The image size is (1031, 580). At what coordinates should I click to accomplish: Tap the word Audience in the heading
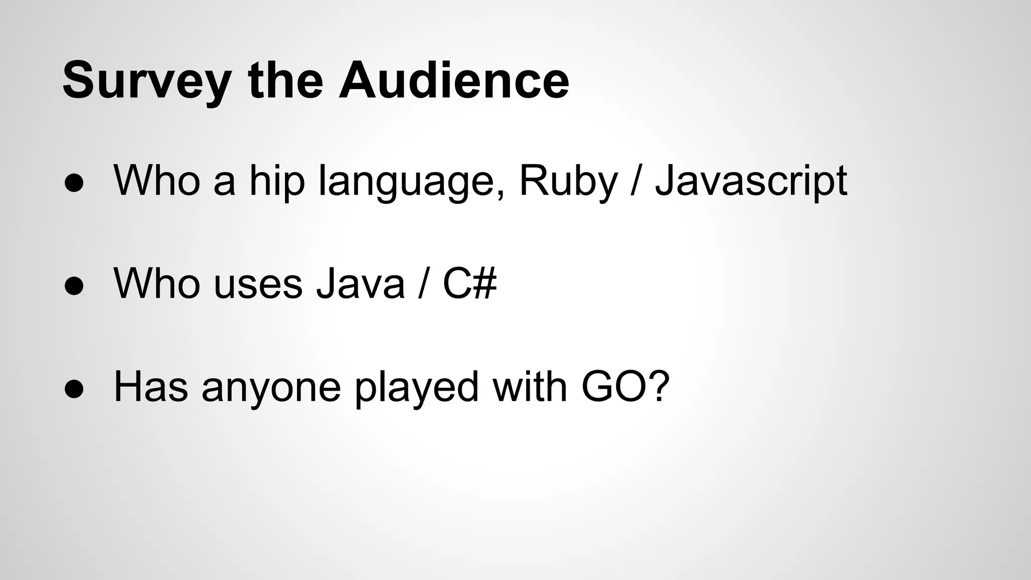coord(454,81)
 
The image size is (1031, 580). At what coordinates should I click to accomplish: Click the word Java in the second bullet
coord(360,283)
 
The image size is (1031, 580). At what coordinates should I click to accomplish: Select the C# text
coord(470,283)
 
